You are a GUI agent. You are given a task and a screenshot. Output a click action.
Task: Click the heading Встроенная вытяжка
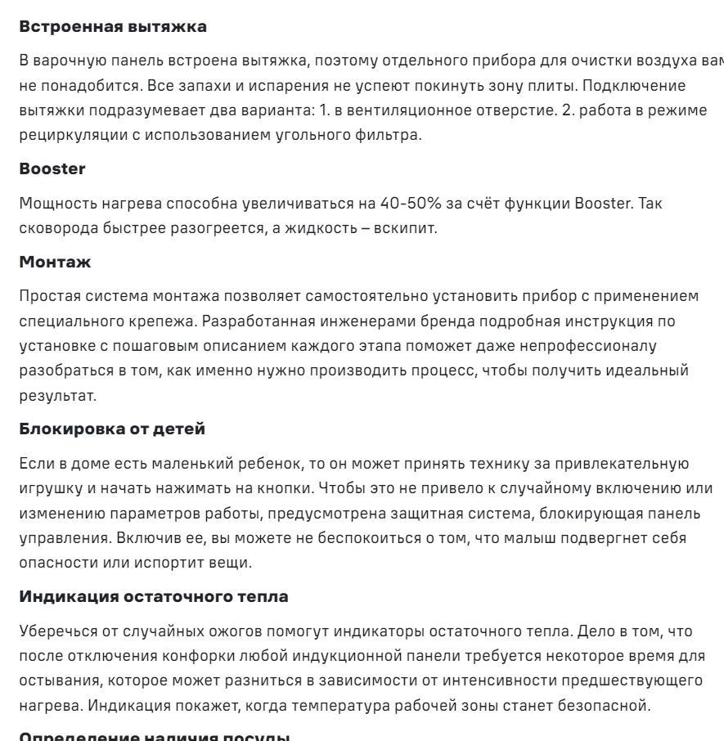pos(112,27)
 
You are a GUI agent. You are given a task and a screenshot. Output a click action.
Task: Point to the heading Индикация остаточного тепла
pos(153,596)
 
